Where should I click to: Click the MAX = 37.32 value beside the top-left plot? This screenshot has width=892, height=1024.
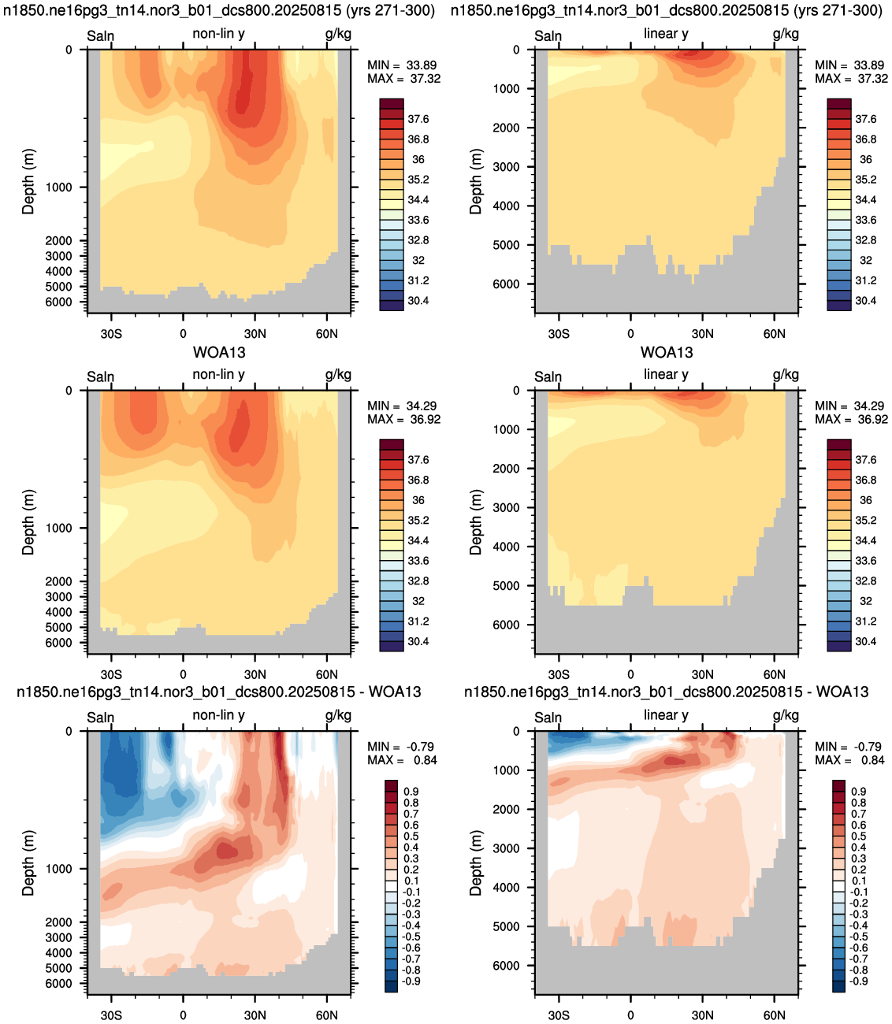pos(404,79)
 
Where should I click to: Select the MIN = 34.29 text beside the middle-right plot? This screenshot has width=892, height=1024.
pos(851,406)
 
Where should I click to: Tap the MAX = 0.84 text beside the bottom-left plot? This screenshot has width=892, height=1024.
pos(402,760)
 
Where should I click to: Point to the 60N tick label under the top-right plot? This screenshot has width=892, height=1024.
pos(774,334)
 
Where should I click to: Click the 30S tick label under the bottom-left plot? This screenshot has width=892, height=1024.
pos(111,1015)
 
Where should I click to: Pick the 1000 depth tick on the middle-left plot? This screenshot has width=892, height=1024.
pos(59,528)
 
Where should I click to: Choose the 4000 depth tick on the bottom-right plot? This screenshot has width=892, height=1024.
pos(506,888)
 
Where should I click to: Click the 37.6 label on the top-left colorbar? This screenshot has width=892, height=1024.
pos(418,119)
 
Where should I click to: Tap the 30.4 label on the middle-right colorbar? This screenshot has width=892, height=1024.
pos(865,642)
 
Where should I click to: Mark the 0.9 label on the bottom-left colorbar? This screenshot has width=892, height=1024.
pos(411,792)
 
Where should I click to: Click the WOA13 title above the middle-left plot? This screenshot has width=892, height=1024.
pos(219,352)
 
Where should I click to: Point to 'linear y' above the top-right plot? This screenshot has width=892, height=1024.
pos(666,34)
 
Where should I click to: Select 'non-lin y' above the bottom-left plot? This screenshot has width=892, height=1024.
pos(219,715)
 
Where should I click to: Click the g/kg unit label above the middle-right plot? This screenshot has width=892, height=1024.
pos(786,375)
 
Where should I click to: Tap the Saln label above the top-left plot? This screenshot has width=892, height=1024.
pos(100,36)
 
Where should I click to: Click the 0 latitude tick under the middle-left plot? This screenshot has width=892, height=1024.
pos(183,675)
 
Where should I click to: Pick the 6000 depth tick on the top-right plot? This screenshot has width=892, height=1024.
pos(506,284)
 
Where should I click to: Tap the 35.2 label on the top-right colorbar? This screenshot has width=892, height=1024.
pos(865,180)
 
